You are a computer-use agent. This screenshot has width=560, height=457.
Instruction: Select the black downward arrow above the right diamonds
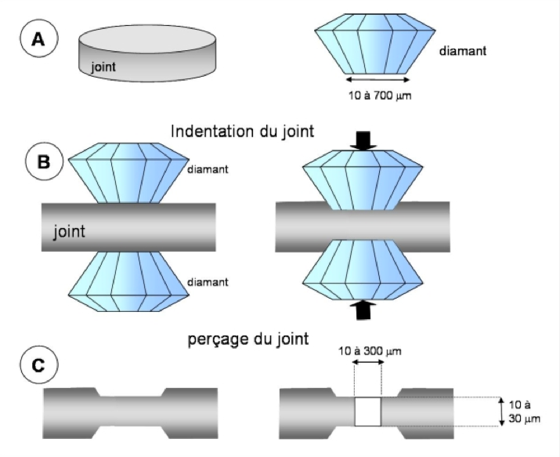coord(362,141)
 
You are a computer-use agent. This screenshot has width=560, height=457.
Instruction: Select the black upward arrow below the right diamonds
coord(362,310)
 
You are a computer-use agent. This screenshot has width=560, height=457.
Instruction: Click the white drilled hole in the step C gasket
coord(367,411)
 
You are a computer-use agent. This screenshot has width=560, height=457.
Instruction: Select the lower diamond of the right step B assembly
coord(363,270)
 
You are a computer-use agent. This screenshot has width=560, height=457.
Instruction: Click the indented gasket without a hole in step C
coord(131,411)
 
